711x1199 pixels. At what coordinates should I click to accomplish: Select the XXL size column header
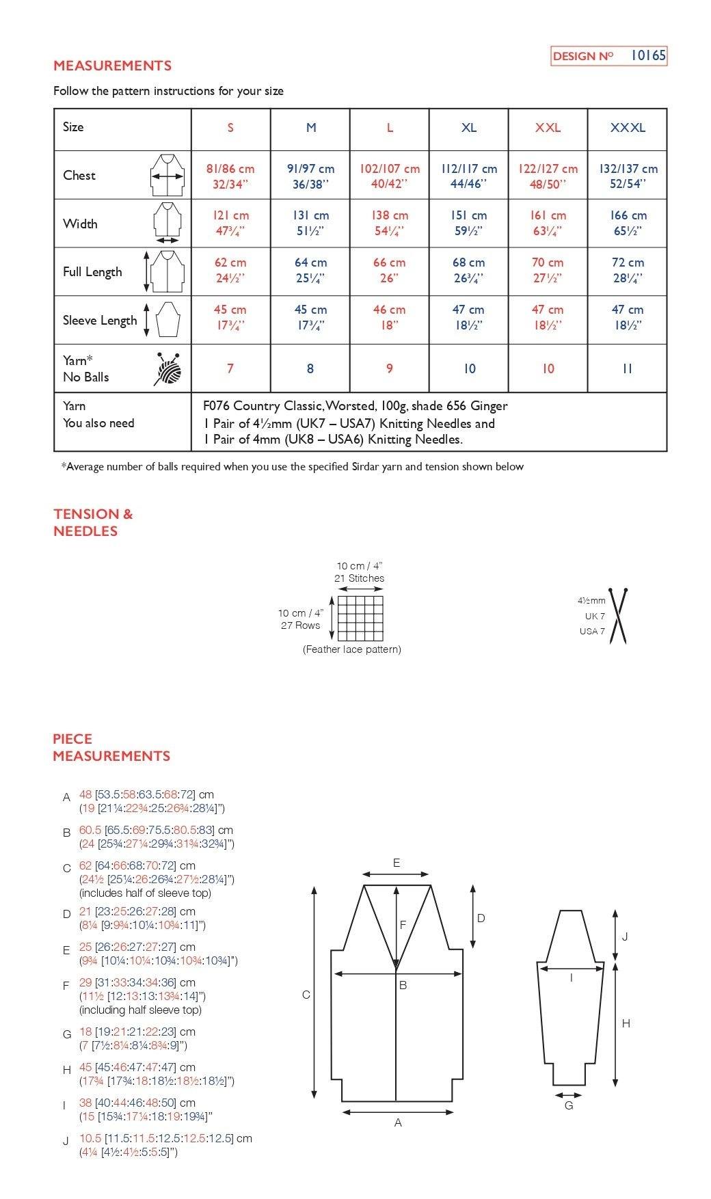click(x=548, y=128)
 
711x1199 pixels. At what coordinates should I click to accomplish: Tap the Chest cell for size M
click(x=310, y=176)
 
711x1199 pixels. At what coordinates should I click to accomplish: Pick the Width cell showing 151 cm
click(x=468, y=223)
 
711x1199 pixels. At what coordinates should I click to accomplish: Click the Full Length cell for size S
click(x=230, y=270)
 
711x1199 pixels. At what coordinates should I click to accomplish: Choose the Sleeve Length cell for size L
click(x=389, y=317)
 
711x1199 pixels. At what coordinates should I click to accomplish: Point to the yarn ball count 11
click(x=627, y=368)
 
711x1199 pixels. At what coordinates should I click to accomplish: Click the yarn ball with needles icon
click(x=169, y=369)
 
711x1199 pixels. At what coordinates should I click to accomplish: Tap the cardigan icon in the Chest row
click(x=167, y=176)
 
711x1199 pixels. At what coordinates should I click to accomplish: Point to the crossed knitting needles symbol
click(x=619, y=615)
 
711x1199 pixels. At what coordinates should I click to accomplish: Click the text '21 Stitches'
click(x=359, y=578)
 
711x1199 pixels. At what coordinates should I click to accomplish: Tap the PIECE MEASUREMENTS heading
click(x=111, y=747)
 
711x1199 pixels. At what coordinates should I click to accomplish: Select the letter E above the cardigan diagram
click(x=397, y=863)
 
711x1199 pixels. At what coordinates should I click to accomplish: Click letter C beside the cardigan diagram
click(x=306, y=995)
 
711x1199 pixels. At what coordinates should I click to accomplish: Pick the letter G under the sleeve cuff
click(x=569, y=1105)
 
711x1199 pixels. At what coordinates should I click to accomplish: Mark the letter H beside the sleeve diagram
click(x=626, y=1023)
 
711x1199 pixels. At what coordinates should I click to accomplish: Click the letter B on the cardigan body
click(x=403, y=985)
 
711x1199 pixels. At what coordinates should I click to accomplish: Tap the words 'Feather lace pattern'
click(x=352, y=649)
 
